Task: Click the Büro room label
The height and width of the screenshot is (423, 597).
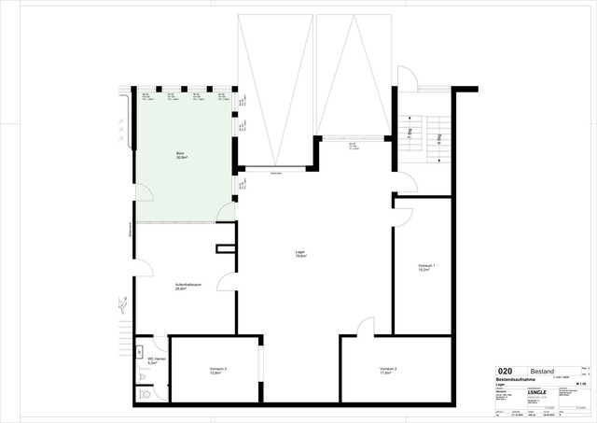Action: [181, 155]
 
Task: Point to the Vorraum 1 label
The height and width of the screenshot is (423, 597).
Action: [425, 268]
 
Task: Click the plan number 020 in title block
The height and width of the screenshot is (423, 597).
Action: [506, 371]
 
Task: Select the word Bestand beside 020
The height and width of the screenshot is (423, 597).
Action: [542, 371]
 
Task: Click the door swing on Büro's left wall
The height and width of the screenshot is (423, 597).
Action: [145, 192]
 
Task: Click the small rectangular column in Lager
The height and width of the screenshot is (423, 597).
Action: [224, 249]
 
